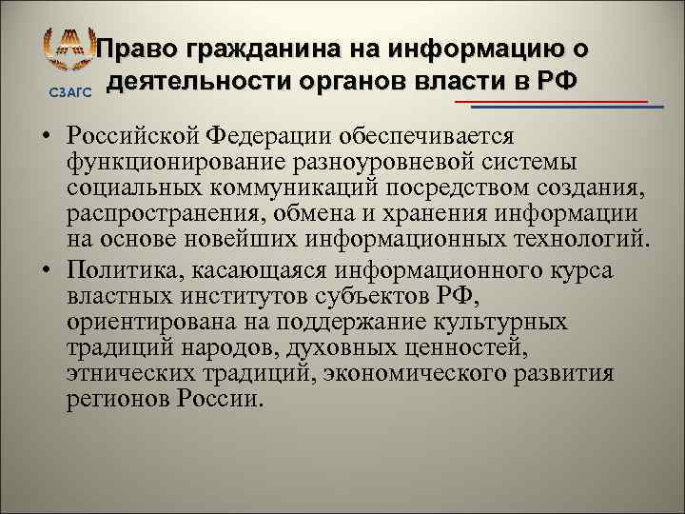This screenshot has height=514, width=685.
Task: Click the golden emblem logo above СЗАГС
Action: [68, 51]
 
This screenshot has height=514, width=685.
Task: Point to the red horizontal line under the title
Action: [552, 100]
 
